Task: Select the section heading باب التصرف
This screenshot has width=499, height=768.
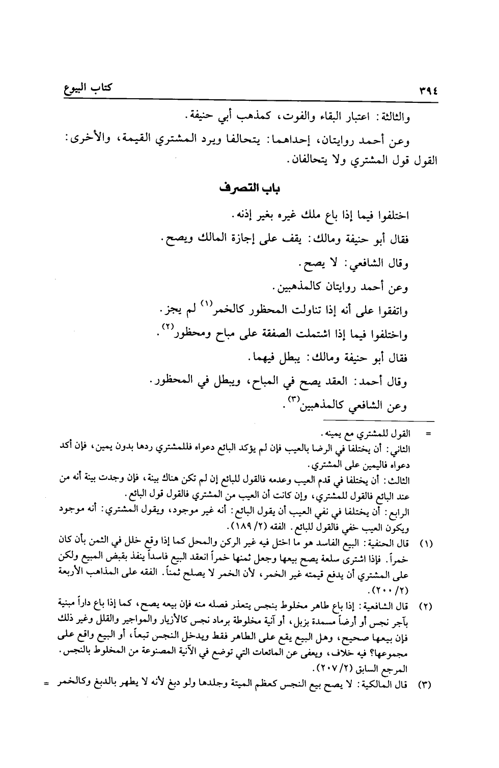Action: [x=249, y=189]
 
